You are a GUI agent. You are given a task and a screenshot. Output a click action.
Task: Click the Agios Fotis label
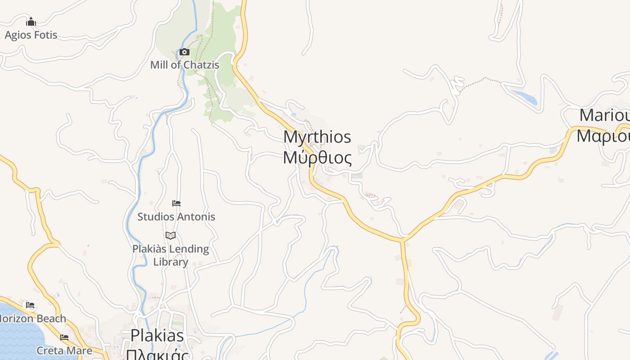tap(31, 35)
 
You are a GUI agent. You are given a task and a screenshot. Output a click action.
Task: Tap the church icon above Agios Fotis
tap(31, 22)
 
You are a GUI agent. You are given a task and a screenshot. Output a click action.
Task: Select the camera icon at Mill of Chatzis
tap(184, 52)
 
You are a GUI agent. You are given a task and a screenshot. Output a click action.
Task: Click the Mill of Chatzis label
tap(184, 65)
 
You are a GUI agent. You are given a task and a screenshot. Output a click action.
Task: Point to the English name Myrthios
tap(317, 137)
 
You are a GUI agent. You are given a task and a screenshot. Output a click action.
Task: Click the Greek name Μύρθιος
tap(317, 158)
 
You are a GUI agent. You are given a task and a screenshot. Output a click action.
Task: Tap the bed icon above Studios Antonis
tap(176, 203)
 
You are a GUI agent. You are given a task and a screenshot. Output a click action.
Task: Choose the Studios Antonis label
tap(176, 216)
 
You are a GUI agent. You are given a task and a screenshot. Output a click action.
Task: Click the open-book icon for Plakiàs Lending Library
tap(171, 235)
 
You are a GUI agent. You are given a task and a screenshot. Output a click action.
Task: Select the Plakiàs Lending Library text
tap(171, 255)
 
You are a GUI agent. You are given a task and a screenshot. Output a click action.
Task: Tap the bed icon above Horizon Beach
tap(30, 305)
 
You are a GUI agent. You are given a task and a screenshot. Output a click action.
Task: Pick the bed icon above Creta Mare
tap(64, 337)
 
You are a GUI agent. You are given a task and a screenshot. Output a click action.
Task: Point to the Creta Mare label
tap(64, 351)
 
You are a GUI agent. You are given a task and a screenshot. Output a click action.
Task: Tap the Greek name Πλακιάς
tap(157, 354)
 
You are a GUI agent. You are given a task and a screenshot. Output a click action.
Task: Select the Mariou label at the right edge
tap(604, 115)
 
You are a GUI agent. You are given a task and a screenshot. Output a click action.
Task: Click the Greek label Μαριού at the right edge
tap(603, 135)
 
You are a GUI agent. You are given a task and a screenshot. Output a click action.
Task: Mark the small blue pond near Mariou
tap(524, 97)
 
